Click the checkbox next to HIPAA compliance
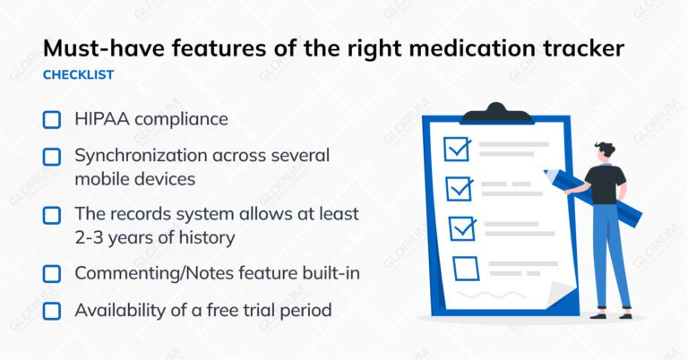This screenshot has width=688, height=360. click(52, 119)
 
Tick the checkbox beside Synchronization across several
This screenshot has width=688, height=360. click(52, 157)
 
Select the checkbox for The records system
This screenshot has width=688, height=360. click(52, 215)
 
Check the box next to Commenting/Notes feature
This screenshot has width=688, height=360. click(52, 273)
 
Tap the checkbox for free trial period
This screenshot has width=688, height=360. click(52, 311)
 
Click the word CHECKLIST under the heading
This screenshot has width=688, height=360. click(79, 75)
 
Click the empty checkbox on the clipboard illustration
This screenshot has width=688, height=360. click(466, 268)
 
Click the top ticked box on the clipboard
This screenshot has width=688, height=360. click(457, 149)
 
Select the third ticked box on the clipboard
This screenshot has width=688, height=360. click(462, 228)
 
